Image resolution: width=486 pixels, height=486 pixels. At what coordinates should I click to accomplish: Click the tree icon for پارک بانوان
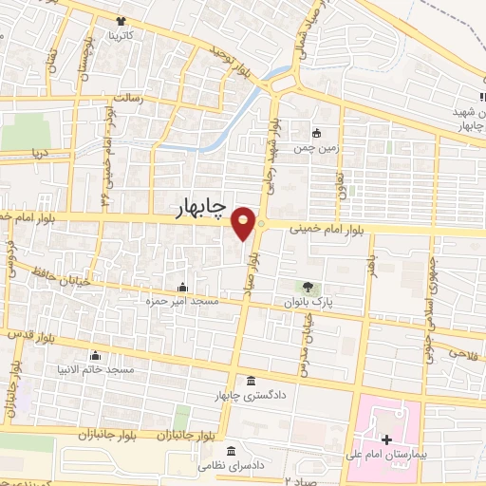point(307,286)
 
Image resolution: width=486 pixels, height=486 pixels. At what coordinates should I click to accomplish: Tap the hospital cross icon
point(386,440)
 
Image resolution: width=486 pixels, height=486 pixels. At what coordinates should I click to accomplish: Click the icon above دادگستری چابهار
point(250,378)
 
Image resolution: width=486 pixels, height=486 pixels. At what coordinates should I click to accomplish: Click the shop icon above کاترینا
point(121,21)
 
